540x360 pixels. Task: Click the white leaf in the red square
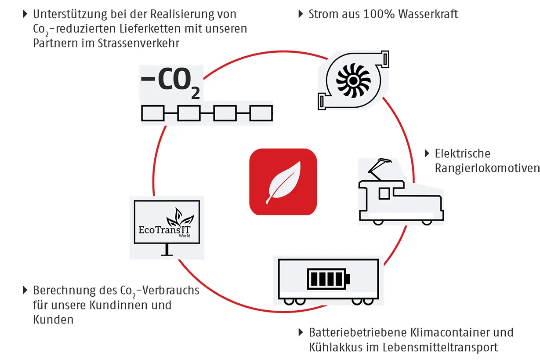(283, 182)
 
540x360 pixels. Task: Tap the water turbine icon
(353, 81)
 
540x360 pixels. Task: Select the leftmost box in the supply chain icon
(152, 113)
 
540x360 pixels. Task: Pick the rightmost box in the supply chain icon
(261, 113)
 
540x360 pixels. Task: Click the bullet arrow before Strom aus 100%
(301, 14)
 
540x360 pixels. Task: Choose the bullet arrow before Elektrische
(427, 153)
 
